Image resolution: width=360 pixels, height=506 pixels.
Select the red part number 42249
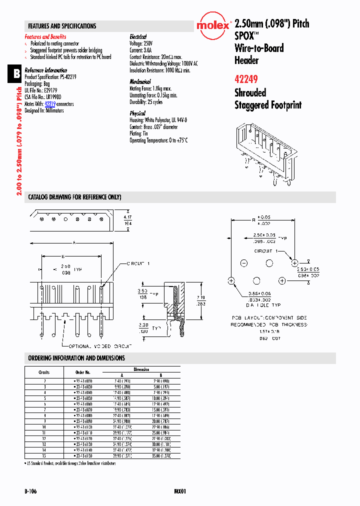coord(246,78)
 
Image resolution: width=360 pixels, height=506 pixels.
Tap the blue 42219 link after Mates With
coord(50,104)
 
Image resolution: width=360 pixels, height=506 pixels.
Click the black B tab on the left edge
coord(16,74)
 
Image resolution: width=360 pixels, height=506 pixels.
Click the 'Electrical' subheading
coord(138,37)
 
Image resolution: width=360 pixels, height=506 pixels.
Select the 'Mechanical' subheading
coord(140,81)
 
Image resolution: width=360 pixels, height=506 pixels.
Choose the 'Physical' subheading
coord(137,113)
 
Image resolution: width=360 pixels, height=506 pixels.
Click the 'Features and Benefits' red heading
coord(45,37)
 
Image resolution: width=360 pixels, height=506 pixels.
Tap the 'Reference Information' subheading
coord(46,70)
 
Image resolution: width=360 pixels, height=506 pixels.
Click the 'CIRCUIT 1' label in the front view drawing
coord(138,263)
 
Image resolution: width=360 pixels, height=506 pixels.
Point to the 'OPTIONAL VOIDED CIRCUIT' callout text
coord(97,346)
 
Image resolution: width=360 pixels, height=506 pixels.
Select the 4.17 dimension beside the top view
coord(127,217)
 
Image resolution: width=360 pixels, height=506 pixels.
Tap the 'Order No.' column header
coord(82,372)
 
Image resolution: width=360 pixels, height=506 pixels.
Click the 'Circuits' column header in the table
coord(44,372)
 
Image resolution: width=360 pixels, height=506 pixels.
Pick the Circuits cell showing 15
coord(44,456)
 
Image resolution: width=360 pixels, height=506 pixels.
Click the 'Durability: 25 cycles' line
coord(146,102)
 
